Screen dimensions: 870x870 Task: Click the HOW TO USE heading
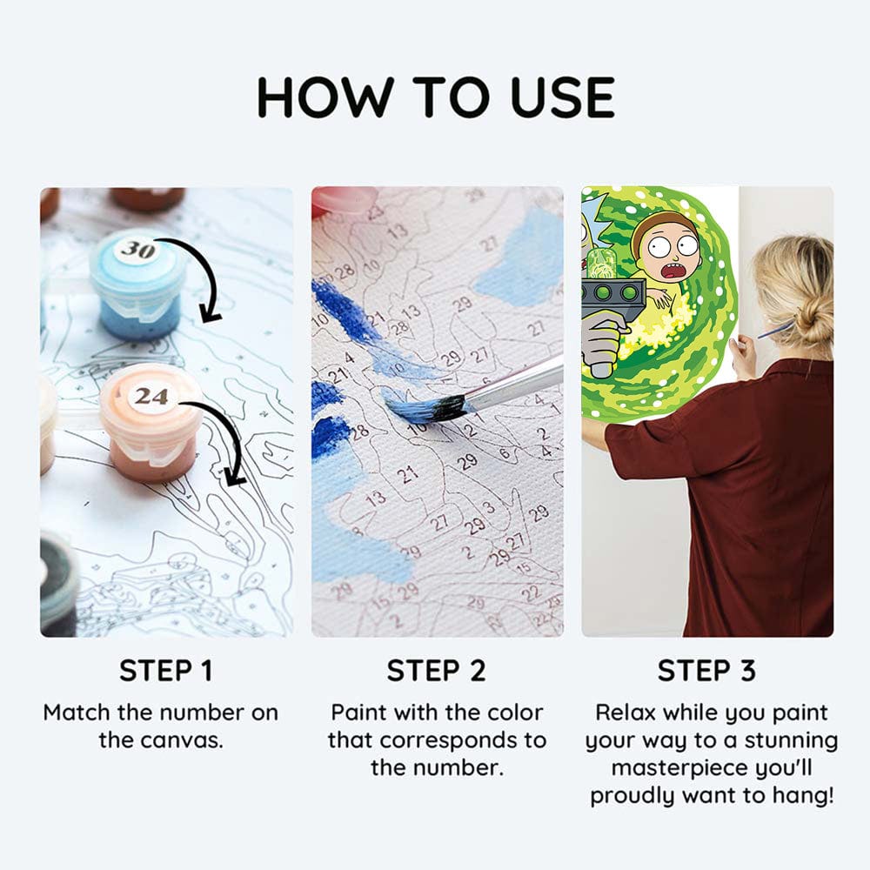point(435,97)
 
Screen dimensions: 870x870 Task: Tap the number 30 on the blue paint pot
point(137,250)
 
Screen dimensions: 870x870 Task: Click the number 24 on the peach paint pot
point(151,397)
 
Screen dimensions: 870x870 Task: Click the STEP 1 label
point(165,671)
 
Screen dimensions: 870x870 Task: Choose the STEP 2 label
point(438,671)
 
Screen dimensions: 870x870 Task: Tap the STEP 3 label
point(706,671)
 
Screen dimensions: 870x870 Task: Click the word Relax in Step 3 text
point(626,713)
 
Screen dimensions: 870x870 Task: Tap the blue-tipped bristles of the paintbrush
point(422,406)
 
